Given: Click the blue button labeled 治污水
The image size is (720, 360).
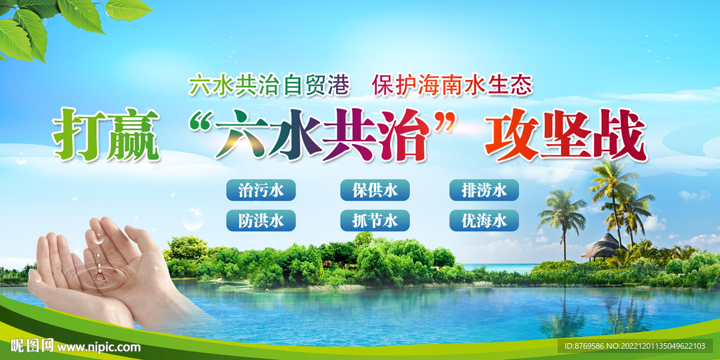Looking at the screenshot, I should (261, 190).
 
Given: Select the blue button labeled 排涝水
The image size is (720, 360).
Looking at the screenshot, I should (484, 190).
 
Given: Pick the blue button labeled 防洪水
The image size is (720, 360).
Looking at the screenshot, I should (261, 221).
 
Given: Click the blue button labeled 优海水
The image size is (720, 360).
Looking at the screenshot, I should (484, 221).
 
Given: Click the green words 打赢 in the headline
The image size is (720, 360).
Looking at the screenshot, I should (107, 134).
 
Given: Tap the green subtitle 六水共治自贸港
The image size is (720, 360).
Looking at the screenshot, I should (269, 86).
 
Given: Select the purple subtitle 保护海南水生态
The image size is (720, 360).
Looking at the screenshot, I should (453, 86).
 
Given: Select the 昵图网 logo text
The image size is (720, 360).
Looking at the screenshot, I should (32, 347).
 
